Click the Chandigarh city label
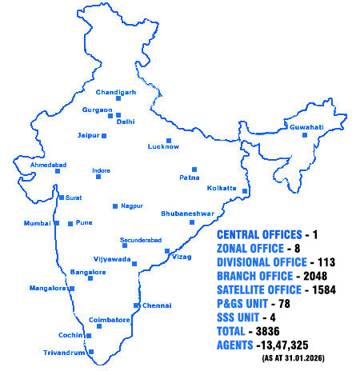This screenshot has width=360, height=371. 116,92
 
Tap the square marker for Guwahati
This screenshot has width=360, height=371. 304,134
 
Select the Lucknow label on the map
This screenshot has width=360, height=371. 163,147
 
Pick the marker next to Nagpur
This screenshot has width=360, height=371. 115,205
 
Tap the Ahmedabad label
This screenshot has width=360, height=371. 48,165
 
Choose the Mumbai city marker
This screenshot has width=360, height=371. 57,223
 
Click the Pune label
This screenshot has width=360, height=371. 85,223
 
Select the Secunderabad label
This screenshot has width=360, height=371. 141,240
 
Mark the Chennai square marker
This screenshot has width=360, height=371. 136,305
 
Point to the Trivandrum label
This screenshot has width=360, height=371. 64,352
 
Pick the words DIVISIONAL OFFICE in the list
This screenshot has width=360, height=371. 262,261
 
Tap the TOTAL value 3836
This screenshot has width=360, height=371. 282,331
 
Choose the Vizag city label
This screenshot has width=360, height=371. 182,257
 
